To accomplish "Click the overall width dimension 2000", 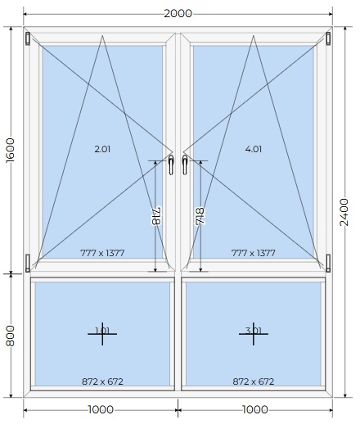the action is point(178,13).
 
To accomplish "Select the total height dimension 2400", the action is point(344,212).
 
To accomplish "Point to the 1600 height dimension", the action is point(11,150).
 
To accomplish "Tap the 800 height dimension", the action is point(11,336).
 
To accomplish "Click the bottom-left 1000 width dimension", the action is point(101,409).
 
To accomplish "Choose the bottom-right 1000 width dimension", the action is point(255,409).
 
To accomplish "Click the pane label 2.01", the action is point(102,149).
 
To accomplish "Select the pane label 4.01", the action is point(254,149).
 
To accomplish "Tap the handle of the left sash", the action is point(171,165).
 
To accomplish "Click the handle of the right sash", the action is point(185,165).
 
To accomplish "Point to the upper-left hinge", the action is point(28,38).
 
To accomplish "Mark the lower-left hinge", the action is point(28,263).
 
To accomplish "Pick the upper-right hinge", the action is point(328,38).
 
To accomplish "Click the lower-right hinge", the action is point(328,263).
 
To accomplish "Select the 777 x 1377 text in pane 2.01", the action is point(102,253).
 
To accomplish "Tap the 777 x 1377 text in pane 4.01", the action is point(254,253).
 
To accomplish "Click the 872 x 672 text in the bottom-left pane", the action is point(102,381).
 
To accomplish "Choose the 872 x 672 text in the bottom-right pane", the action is point(254,381).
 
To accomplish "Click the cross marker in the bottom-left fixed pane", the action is point(102,334).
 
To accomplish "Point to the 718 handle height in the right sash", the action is point(200,216).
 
